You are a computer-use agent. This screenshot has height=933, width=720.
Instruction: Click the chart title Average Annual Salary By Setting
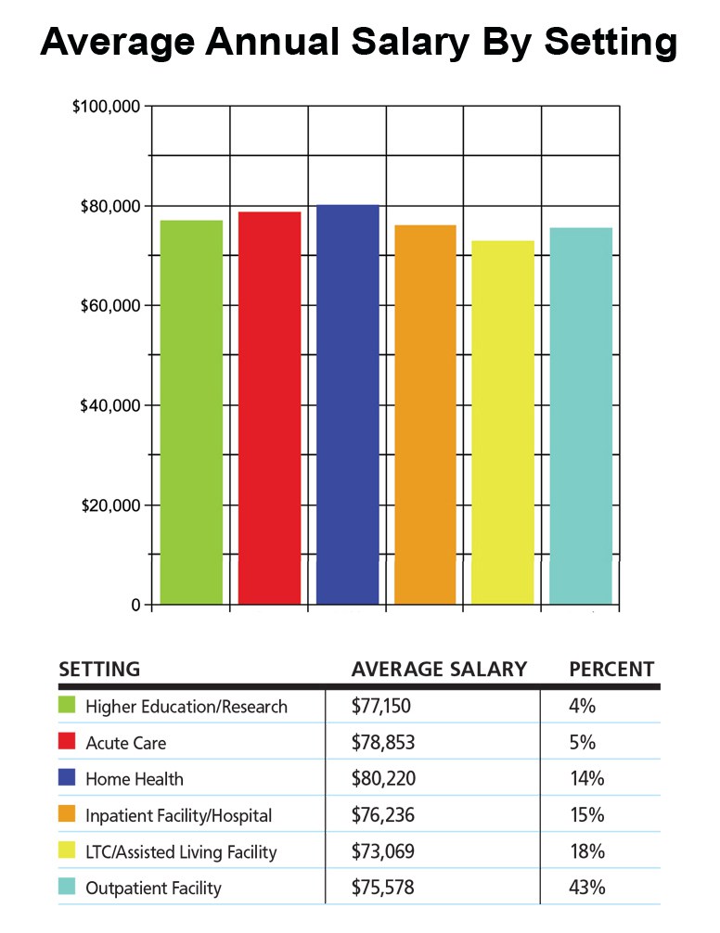pos(359,44)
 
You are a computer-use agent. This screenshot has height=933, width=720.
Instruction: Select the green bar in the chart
pos(191,412)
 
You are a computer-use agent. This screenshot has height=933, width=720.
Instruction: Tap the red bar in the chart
pos(269,408)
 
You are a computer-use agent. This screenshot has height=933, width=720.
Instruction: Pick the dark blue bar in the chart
pos(347,404)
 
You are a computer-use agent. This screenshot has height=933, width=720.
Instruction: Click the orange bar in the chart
pos(425,414)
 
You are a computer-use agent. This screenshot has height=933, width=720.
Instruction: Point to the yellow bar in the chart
pos(502,422)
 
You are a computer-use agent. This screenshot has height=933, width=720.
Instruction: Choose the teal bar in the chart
pos(580,415)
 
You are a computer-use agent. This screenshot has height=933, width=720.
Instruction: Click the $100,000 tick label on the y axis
pos(106,107)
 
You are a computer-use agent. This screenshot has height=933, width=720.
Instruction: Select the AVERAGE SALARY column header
pos(439,669)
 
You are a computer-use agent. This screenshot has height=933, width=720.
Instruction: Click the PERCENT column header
pos(611,669)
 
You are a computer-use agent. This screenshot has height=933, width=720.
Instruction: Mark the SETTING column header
pos(99,669)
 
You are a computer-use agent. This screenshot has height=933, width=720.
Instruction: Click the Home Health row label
pos(135,780)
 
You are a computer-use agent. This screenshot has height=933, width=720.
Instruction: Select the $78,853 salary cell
pos(381,744)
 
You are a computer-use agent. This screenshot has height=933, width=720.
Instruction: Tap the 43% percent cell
pos(586,888)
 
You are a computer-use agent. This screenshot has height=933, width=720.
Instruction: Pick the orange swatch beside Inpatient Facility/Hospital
pos(66,815)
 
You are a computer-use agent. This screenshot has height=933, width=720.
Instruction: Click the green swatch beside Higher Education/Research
pos(66,707)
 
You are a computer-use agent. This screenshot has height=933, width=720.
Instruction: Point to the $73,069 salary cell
pos(381,851)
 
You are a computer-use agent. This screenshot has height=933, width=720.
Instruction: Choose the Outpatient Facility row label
pos(153,888)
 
